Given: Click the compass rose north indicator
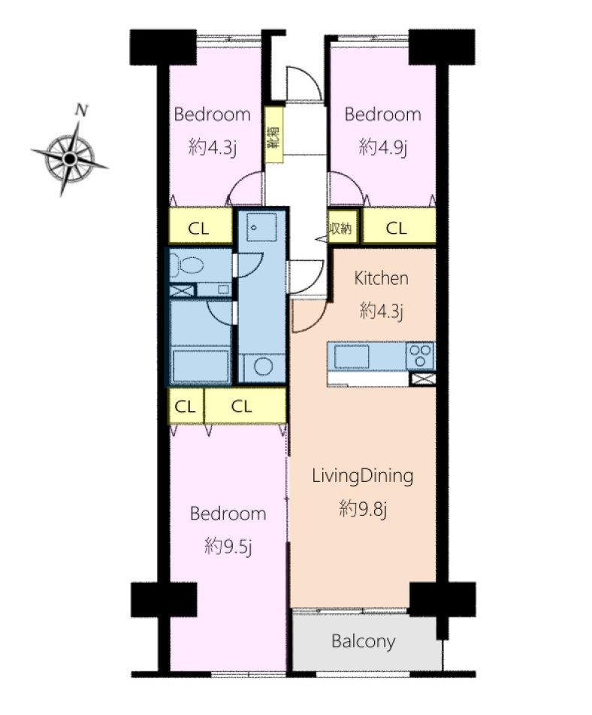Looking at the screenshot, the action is click(x=69, y=158).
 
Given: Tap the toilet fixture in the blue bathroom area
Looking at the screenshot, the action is click(x=187, y=265).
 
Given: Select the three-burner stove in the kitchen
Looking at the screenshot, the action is click(x=420, y=356).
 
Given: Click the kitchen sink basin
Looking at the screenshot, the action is click(x=352, y=356).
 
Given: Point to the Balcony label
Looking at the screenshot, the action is click(x=363, y=641).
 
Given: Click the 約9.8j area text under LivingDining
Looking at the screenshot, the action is click(x=363, y=508).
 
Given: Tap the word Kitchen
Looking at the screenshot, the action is click(x=381, y=278).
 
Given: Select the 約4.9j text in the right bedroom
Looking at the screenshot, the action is click(x=383, y=147).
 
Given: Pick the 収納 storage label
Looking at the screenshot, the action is click(x=340, y=228).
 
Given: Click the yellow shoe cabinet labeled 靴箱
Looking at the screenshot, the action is click(x=273, y=135).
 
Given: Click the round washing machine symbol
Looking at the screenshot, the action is click(x=263, y=367).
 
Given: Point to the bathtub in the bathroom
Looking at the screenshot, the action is click(x=201, y=365).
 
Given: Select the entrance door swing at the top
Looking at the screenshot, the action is click(x=304, y=83).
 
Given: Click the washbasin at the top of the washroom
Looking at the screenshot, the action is click(x=261, y=226).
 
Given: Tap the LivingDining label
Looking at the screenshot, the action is click(x=363, y=476).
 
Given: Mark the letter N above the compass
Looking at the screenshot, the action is click(x=82, y=110).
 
